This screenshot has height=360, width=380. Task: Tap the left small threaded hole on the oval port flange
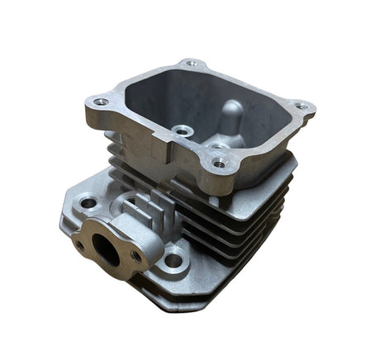coord(80,245)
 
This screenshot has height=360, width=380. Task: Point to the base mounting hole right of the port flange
coord(173,261)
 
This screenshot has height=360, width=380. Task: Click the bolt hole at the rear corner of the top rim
coord(191,63)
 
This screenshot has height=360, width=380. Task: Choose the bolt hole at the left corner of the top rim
coord(101,102)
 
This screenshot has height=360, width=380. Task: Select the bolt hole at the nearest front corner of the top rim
coord(218,163)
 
